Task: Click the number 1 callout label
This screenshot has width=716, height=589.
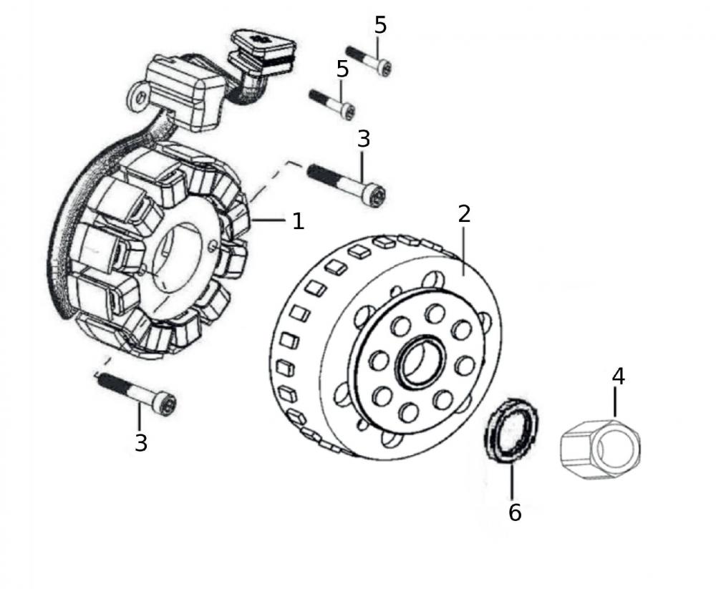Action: click(298, 221)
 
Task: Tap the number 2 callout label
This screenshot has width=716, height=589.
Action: click(464, 214)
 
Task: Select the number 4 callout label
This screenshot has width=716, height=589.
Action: click(617, 376)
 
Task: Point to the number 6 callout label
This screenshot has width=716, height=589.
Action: click(514, 512)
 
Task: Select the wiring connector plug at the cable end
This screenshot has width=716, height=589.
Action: click(263, 49)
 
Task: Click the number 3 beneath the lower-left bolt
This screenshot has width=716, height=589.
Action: click(141, 443)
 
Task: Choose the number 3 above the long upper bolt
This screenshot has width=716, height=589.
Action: click(364, 140)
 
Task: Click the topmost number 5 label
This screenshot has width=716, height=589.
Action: click(380, 25)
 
